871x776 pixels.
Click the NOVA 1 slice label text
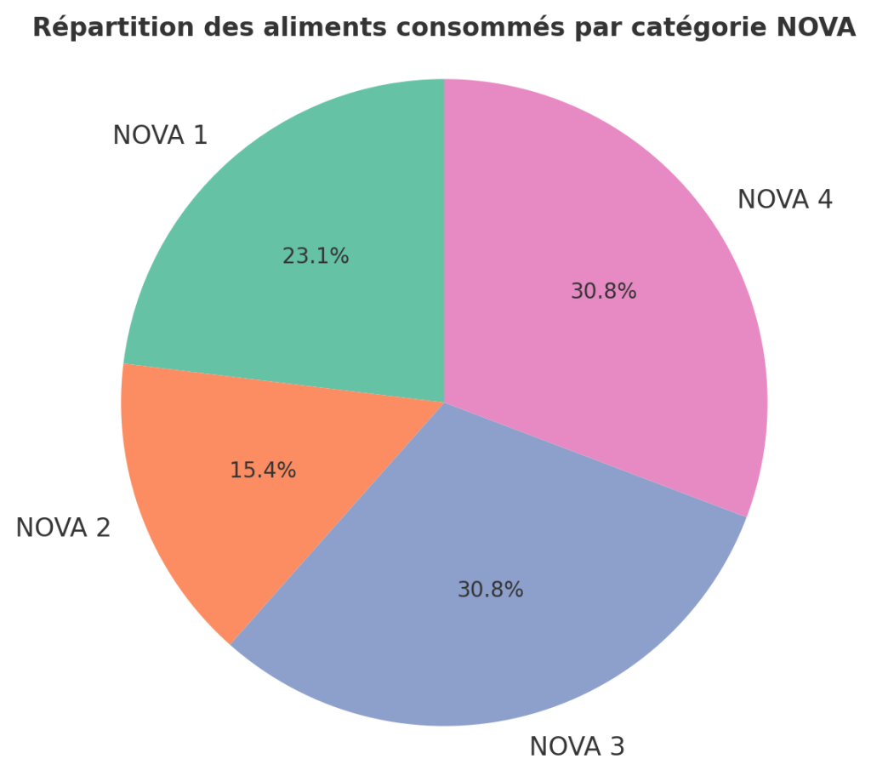pos(160,135)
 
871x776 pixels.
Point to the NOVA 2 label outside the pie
pos(63,528)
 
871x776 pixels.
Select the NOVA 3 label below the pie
pos(577,746)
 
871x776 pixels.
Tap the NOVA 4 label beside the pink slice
pos(784,200)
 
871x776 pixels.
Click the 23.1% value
pos(316,256)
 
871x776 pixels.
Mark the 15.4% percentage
pos(263,470)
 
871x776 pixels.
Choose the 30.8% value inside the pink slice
pos(603,292)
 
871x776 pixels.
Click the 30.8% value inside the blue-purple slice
pos(490,590)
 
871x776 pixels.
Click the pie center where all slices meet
pos(444,402)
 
